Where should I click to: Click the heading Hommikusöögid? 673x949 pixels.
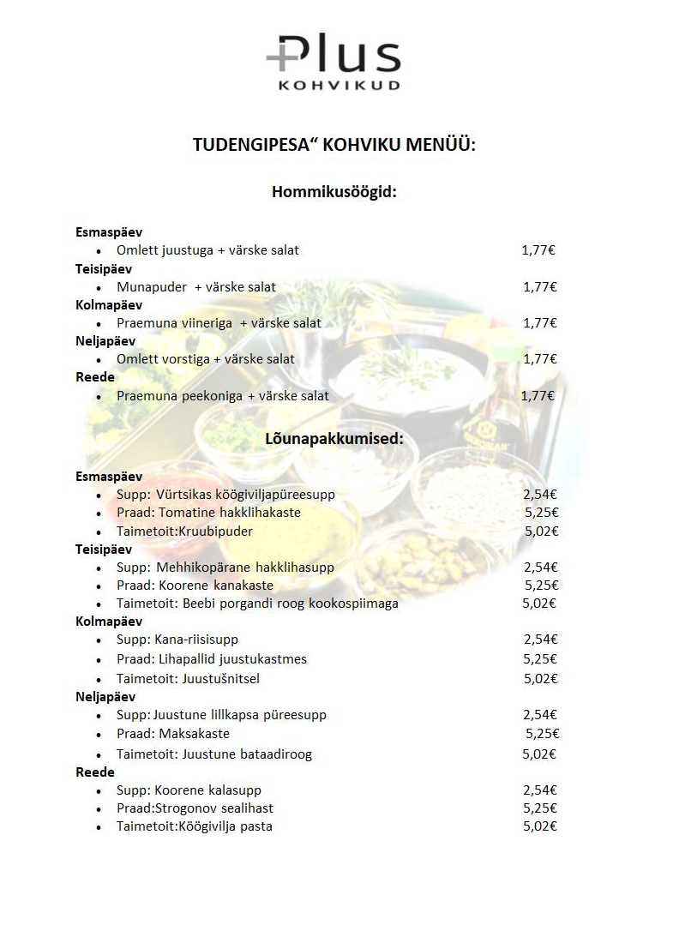[x=334, y=192]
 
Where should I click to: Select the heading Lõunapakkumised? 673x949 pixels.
[x=334, y=439]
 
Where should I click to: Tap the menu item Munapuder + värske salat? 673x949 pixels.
[x=196, y=287]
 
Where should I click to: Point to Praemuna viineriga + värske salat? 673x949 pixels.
[x=219, y=323]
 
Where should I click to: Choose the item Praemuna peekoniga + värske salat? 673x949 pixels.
[x=223, y=396]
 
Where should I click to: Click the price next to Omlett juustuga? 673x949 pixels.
[x=538, y=250]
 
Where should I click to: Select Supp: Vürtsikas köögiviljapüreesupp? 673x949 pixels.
[x=225, y=495]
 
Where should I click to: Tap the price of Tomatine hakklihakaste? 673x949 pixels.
[x=541, y=513]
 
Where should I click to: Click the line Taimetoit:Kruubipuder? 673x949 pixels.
[x=184, y=532]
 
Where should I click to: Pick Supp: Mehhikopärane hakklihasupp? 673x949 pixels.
[x=225, y=568]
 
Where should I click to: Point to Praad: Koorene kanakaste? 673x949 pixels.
[x=195, y=586]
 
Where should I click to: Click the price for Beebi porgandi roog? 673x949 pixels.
[x=539, y=604]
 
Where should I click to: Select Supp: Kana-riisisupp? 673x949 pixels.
[x=177, y=640]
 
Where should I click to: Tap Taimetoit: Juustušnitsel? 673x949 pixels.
[x=188, y=679]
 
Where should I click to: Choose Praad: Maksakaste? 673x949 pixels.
[x=173, y=734]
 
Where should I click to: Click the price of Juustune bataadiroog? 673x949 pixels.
[x=539, y=754]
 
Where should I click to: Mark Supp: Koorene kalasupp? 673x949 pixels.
[x=189, y=790]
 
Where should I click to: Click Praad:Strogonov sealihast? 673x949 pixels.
[x=195, y=808]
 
